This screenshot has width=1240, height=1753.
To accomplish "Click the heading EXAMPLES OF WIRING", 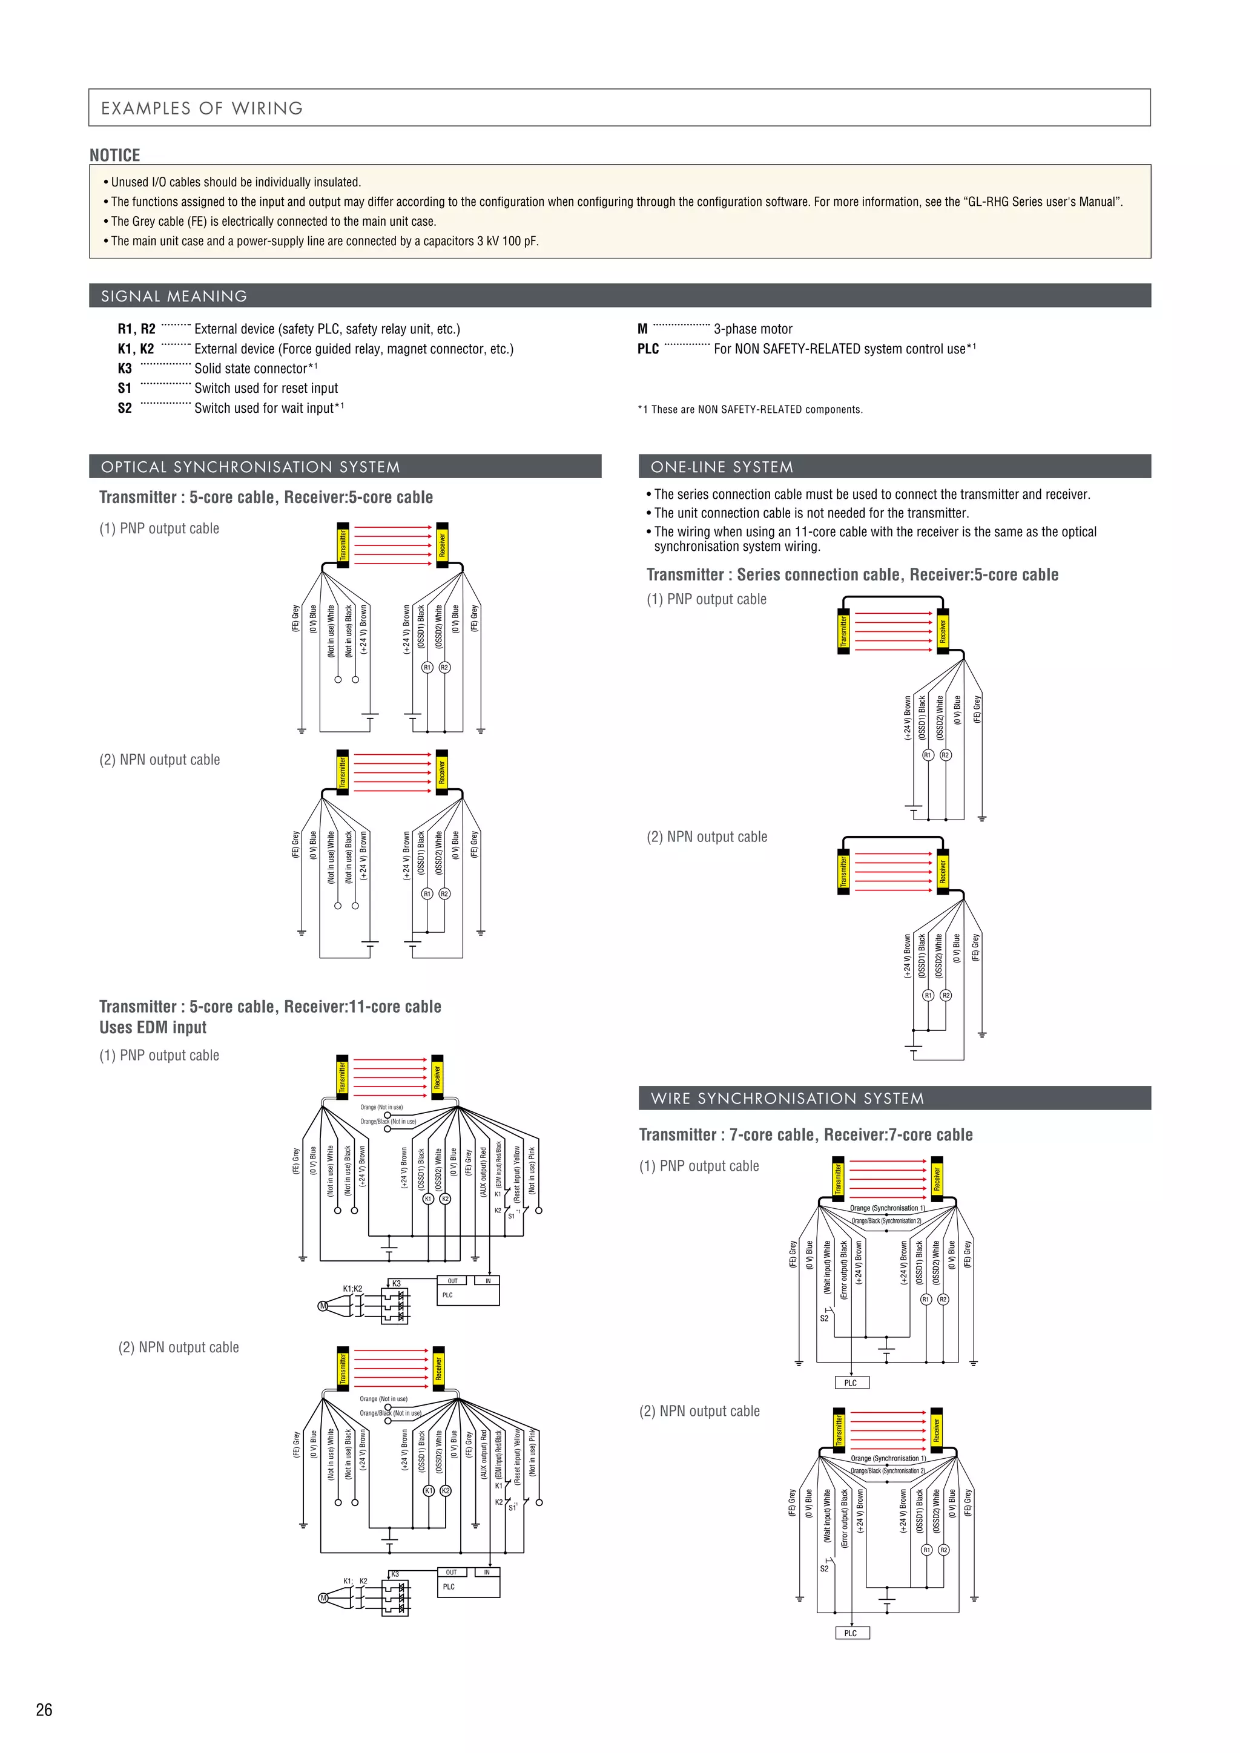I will [202, 108].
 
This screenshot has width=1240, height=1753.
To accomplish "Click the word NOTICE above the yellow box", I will [114, 155].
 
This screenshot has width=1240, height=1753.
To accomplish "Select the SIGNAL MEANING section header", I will [174, 296].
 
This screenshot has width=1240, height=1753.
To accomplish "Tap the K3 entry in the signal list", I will [125, 369].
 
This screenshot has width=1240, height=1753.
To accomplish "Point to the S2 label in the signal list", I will [125, 409].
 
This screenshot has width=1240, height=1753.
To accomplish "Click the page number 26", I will [44, 1709].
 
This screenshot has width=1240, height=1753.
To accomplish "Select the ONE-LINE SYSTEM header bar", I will [722, 467].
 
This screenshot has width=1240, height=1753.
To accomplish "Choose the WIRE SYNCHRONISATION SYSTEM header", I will [787, 1098].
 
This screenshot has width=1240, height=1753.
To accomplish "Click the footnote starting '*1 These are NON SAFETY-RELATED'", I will [750, 409].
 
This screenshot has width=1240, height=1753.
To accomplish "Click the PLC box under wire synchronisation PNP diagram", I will [851, 1383].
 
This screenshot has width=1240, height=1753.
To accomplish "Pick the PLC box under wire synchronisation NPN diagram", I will [851, 1633].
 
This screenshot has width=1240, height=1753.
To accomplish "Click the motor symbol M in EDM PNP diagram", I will [323, 1306].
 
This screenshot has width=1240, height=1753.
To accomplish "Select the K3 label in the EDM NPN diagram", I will [395, 1574].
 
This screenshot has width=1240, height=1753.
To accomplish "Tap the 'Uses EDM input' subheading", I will [153, 1028].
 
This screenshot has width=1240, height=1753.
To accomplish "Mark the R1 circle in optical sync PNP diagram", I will [427, 667].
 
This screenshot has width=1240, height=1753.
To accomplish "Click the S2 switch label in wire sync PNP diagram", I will [824, 1318].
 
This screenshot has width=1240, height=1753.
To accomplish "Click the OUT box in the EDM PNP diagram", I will [453, 1280].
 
